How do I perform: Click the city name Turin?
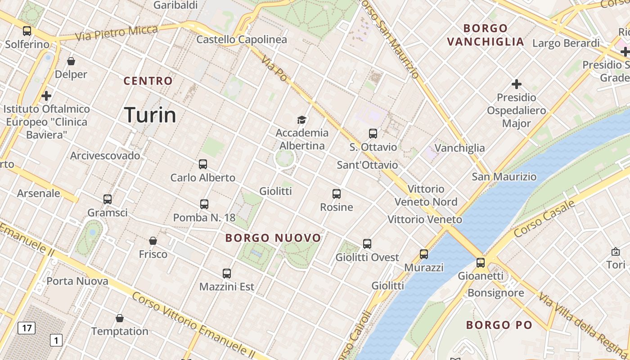(150, 115)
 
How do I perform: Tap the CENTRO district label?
(148, 81)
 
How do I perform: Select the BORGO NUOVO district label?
(273, 238)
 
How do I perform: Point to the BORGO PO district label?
(499, 324)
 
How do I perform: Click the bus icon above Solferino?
(27, 31)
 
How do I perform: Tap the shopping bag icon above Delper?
(71, 61)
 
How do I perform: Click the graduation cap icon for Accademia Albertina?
(301, 120)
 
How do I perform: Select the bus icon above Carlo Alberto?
(203, 164)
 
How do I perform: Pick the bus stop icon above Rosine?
(337, 194)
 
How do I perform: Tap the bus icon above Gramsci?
(107, 199)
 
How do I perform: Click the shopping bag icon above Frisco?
(153, 241)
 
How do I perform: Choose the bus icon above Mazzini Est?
(227, 273)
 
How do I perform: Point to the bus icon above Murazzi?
(424, 254)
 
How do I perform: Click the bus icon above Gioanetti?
(481, 262)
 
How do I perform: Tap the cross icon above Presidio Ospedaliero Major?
(517, 84)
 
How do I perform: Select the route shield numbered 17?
(27, 328)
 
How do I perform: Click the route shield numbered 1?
(56, 340)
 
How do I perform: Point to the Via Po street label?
(274, 69)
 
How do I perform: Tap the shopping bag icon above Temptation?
(120, 318)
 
